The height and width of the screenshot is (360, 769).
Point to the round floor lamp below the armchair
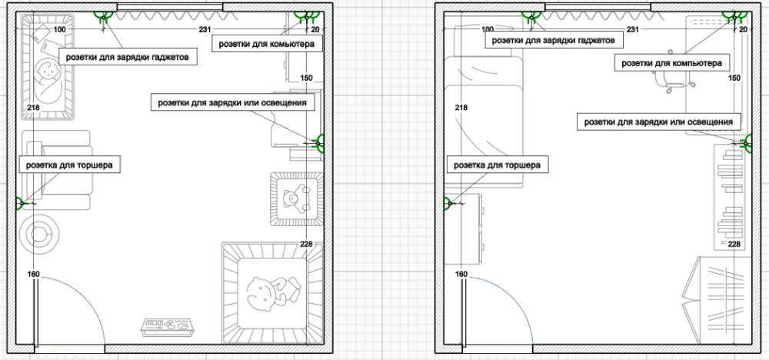pyautogui.click(x=39, y=233)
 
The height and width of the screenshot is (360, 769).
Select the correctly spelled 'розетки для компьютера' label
pyautogui.click(x=671, y=63)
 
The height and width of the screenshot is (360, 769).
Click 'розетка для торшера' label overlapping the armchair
pyautogui.click(x=69, y=165)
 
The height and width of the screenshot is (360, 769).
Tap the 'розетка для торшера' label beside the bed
pyautogui.click(x=498, y=165)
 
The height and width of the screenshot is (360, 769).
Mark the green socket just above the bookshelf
pyautogui.click(x=747, y=143)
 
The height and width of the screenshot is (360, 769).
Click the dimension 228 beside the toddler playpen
pyautogui.click(x=306, y=245)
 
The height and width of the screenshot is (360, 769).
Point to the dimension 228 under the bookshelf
pyautogui.click(x=734, y=245)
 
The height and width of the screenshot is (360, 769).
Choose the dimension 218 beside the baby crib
pyautogui.click(x=33, y=108)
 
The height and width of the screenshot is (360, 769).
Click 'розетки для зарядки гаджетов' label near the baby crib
pyautogui.click(x=128, y=56)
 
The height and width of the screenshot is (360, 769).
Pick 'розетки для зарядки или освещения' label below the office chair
pyautogui.click(x=659, y=122)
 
